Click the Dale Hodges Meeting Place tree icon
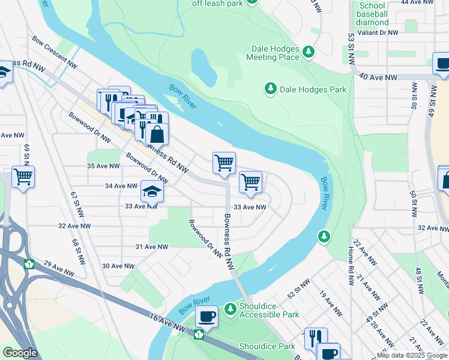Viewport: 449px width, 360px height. pos(309,52)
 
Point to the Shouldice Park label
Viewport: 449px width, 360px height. pos(267,346)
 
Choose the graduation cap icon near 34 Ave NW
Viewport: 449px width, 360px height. pos(152,191)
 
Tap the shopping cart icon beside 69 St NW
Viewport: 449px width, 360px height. pos(23,177)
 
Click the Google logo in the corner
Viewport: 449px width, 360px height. pos(19,353)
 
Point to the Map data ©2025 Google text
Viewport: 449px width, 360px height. pos(412,355)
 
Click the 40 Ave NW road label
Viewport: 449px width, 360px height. pos(378,77)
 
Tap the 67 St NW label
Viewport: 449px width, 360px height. pos(77,205)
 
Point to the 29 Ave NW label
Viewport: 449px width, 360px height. pos(59,268)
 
